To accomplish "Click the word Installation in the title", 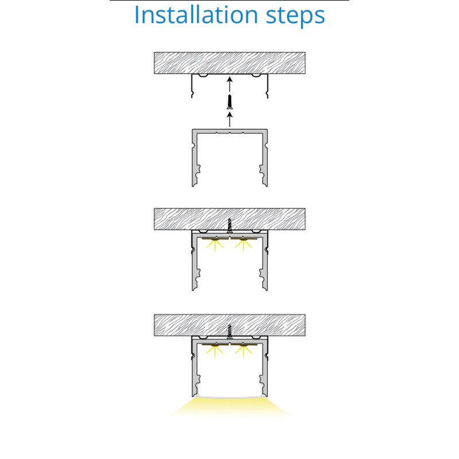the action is click(196, 15).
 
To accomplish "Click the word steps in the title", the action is click(295, 17).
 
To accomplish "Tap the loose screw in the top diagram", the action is click(230, 102).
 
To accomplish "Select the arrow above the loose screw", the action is click(230, 84).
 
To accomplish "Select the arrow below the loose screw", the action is click(230, 119).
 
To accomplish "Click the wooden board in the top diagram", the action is click(230, 63).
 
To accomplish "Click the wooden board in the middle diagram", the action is click(230, 219).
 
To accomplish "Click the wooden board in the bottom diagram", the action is click(230, 325).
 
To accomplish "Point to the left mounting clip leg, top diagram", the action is click(192, 85).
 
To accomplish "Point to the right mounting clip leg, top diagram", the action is click(267, 85).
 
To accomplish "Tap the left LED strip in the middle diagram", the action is click(215, 239).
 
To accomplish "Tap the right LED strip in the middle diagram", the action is click(244, 239).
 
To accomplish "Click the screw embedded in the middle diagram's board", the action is click(230, 225).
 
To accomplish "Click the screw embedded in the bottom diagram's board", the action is click(230, 332).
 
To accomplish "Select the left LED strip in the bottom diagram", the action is click(215, 345).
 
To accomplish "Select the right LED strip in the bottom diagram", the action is click(244, 345).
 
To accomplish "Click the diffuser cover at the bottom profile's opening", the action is click(230, 396).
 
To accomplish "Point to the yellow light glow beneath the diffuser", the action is click(231, 407).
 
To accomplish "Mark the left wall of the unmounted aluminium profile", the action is click(195, 158).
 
